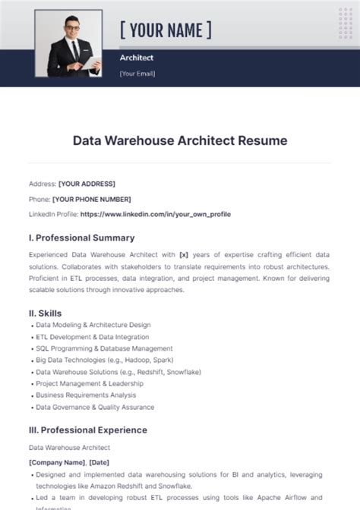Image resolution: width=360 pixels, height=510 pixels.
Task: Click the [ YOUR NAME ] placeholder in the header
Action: tap(166, 30)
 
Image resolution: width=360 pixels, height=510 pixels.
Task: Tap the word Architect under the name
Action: tap(137, 58)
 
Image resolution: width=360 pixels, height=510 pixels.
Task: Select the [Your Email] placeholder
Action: tap(137, 74)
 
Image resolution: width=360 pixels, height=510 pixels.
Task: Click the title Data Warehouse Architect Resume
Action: tap(180, 140)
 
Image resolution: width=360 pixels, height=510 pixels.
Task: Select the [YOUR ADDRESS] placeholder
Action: tap(87, 184)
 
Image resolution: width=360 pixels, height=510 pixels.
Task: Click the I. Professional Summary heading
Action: tap(81, 238)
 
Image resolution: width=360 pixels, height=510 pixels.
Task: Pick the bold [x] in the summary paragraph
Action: tap(183, 256)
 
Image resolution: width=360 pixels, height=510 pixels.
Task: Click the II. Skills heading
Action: tap(46, 313)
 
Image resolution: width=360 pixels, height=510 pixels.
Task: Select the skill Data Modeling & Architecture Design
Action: tap(93, 325)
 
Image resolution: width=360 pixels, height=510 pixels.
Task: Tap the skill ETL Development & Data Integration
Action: tap(93, 337)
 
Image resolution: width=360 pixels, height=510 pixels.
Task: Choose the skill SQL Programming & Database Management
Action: tap(104, 348)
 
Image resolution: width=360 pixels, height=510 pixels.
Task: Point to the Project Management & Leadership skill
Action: tap(90, 384)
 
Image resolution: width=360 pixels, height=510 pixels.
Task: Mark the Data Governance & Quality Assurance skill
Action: tap(95, 408)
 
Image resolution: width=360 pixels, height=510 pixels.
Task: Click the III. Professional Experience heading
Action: tap(88, 430)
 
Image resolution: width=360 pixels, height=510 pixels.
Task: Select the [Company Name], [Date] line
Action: tap(69, 462)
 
